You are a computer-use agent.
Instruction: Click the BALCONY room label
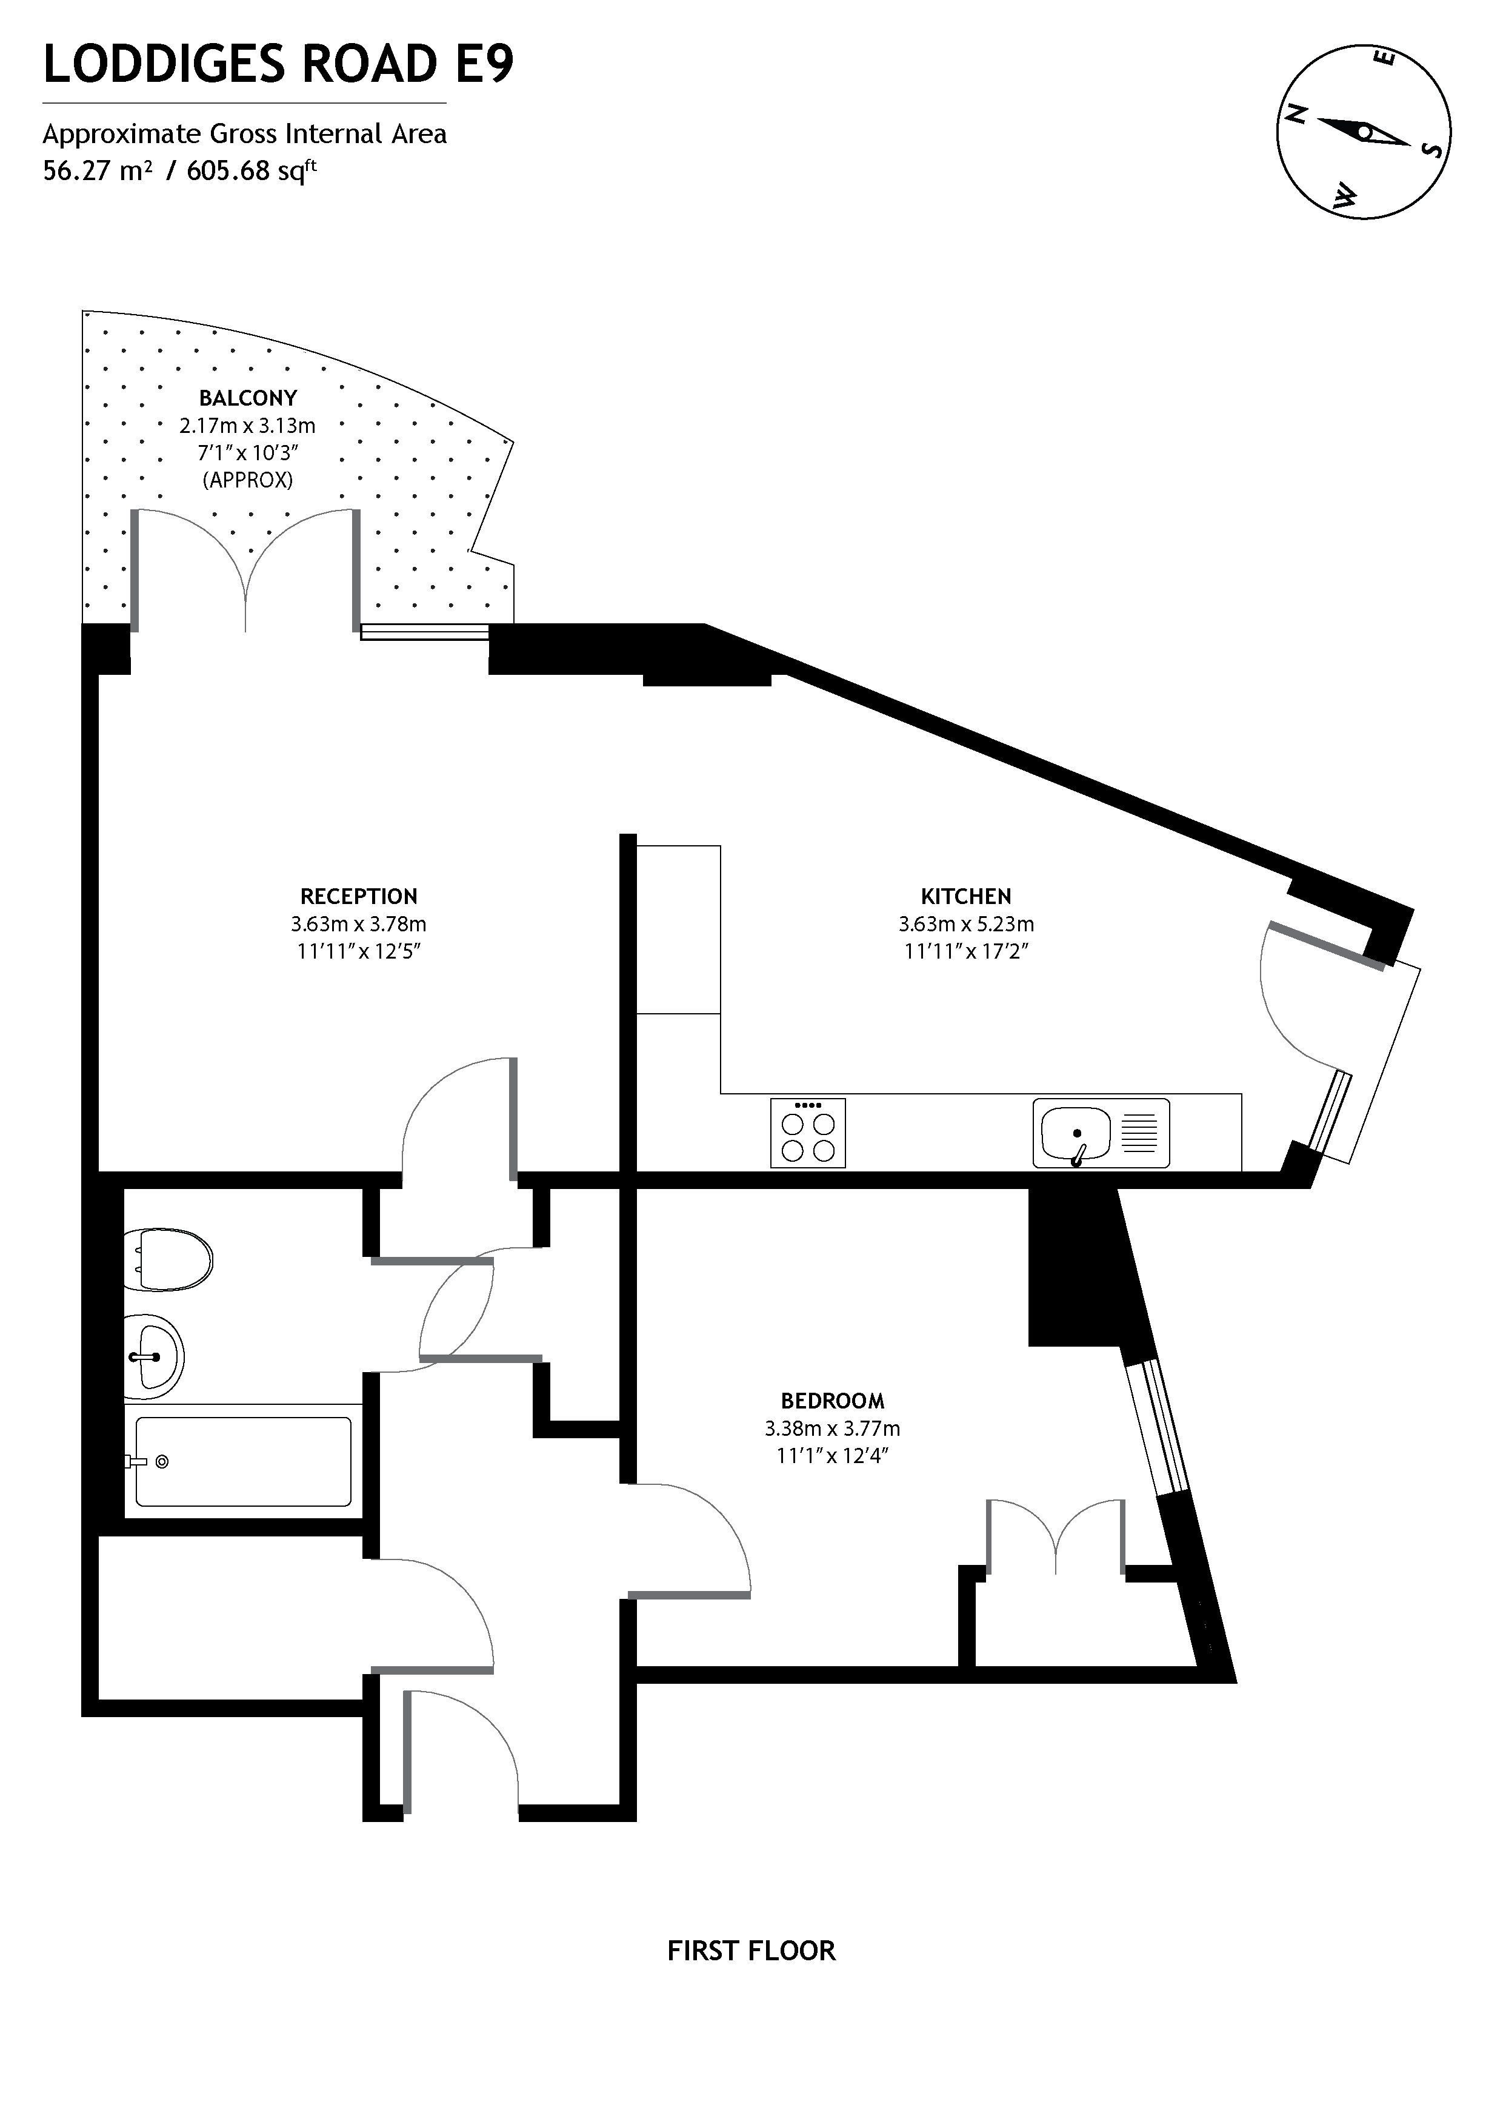pos(248,398)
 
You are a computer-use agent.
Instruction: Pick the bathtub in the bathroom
pos(242,1462)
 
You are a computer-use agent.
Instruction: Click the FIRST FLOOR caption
pos(751,1951)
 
